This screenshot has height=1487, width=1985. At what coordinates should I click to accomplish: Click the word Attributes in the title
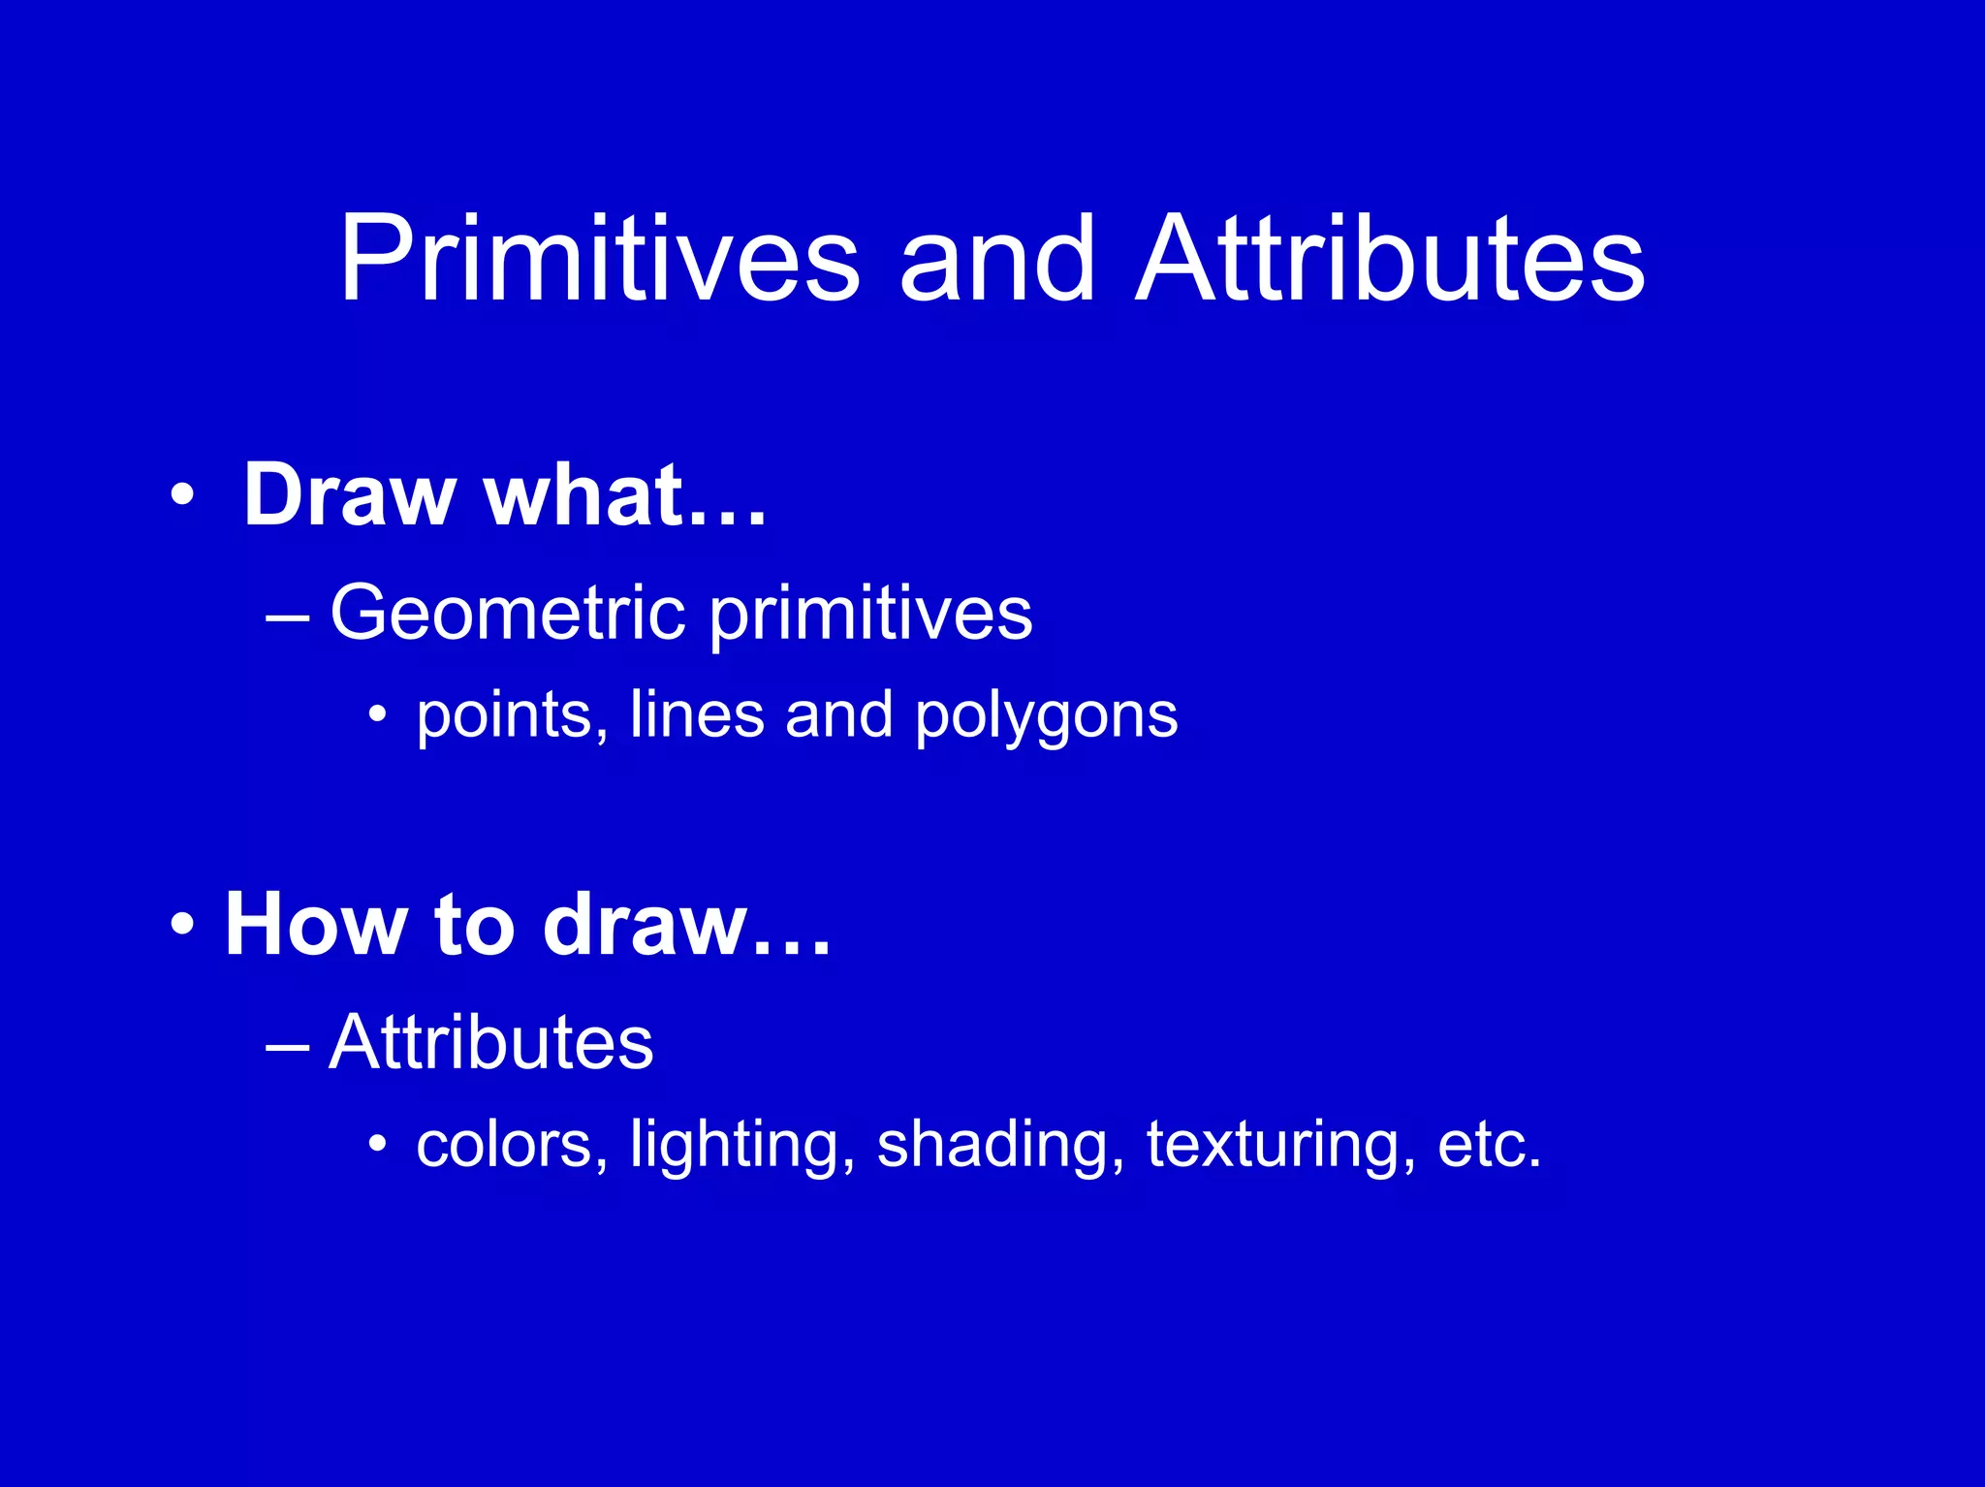(1390, 260)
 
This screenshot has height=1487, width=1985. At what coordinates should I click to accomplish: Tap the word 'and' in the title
(997, 260)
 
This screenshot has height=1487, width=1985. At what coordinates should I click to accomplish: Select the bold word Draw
(349, 495)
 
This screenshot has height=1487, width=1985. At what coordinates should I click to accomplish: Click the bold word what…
(625, 495)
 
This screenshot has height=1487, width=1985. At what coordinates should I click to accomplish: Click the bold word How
(316, 925)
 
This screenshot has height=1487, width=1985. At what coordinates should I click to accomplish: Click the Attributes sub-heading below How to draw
(490, 1042)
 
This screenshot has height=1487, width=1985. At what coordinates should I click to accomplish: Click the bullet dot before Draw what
(181, 496)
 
